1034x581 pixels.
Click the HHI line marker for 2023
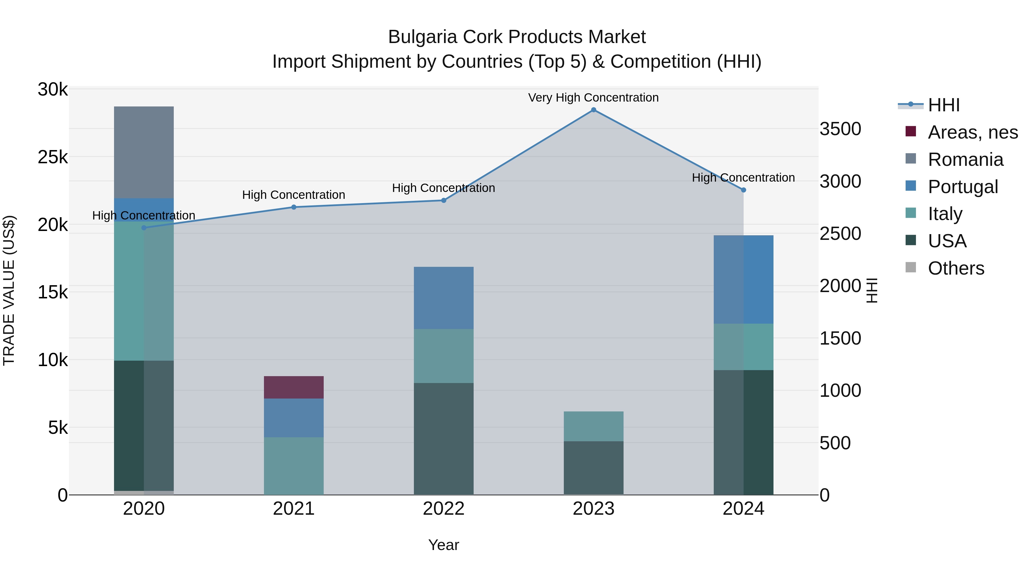593,110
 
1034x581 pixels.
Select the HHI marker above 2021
294,207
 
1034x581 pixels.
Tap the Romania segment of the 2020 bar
144,152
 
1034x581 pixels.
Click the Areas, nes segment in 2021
294,387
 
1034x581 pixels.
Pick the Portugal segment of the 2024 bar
743,279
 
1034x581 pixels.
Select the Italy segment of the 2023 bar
593,426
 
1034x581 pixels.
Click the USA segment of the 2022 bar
443,439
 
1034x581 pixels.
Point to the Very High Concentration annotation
593,98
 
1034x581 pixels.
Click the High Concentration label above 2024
743,178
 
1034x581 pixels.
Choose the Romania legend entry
965,160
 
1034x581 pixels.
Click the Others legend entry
956,268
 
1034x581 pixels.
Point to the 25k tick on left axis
53,157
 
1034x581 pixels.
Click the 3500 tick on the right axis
840,129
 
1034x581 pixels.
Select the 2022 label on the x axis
443,509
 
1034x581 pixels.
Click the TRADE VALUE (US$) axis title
9,290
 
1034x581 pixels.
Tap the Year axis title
443,545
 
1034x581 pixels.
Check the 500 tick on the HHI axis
835,443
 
